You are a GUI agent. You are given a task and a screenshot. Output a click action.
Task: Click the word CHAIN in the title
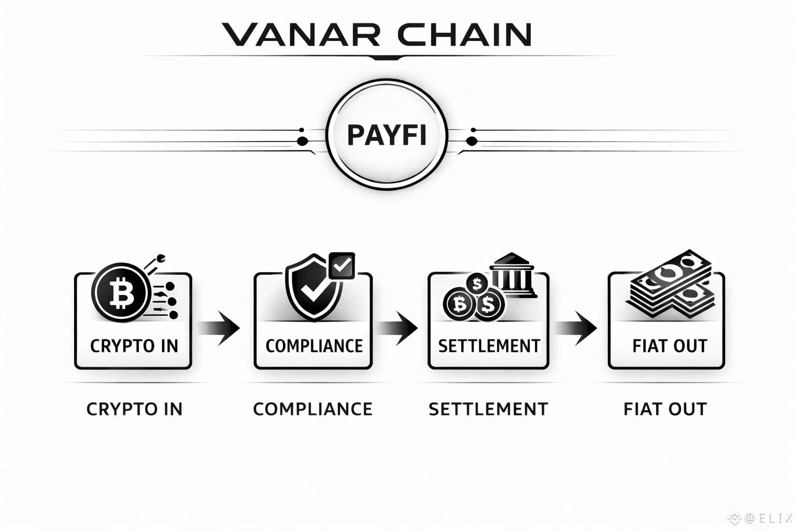pyautogui.click(x=464, y=34)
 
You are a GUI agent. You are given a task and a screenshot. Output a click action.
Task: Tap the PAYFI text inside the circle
pyautogui.click(x=387, y=135)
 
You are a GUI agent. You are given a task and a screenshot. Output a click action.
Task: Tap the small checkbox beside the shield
pyautogui.click(x=342, y=266)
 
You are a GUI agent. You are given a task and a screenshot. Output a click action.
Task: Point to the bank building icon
pyautogui.click(x=512, y=275)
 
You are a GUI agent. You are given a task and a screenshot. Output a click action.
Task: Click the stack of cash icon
pyautogui.click(x=671, y=282)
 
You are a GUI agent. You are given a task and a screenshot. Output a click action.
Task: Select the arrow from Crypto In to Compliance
pyautogui.click(x=220, y=328)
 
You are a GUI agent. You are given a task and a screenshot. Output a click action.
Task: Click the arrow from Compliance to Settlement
pyautogui.click(x=399, y=328)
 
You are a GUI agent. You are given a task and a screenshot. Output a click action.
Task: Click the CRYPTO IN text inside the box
pyautogui.click(x=134, y=346)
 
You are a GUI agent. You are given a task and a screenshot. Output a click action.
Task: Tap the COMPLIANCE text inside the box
pyautogui.click(x=314, y=346)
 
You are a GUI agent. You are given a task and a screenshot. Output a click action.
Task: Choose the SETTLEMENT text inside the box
pyautogui.click(x=489, y=346)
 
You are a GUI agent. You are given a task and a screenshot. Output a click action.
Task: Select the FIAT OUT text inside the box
pyautogui.click(x=669, y=346)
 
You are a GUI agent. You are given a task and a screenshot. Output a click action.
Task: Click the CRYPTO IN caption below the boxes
pyautogui.click(x=134, y=409)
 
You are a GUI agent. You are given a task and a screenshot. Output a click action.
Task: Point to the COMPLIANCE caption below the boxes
pyautogui.click(x=312, y=409)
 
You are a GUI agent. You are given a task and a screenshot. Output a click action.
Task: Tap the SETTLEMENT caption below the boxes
pyautogui.click(x=488, y=409)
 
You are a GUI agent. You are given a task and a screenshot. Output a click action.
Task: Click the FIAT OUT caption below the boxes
pyautogui.click(x=665, y=409)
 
